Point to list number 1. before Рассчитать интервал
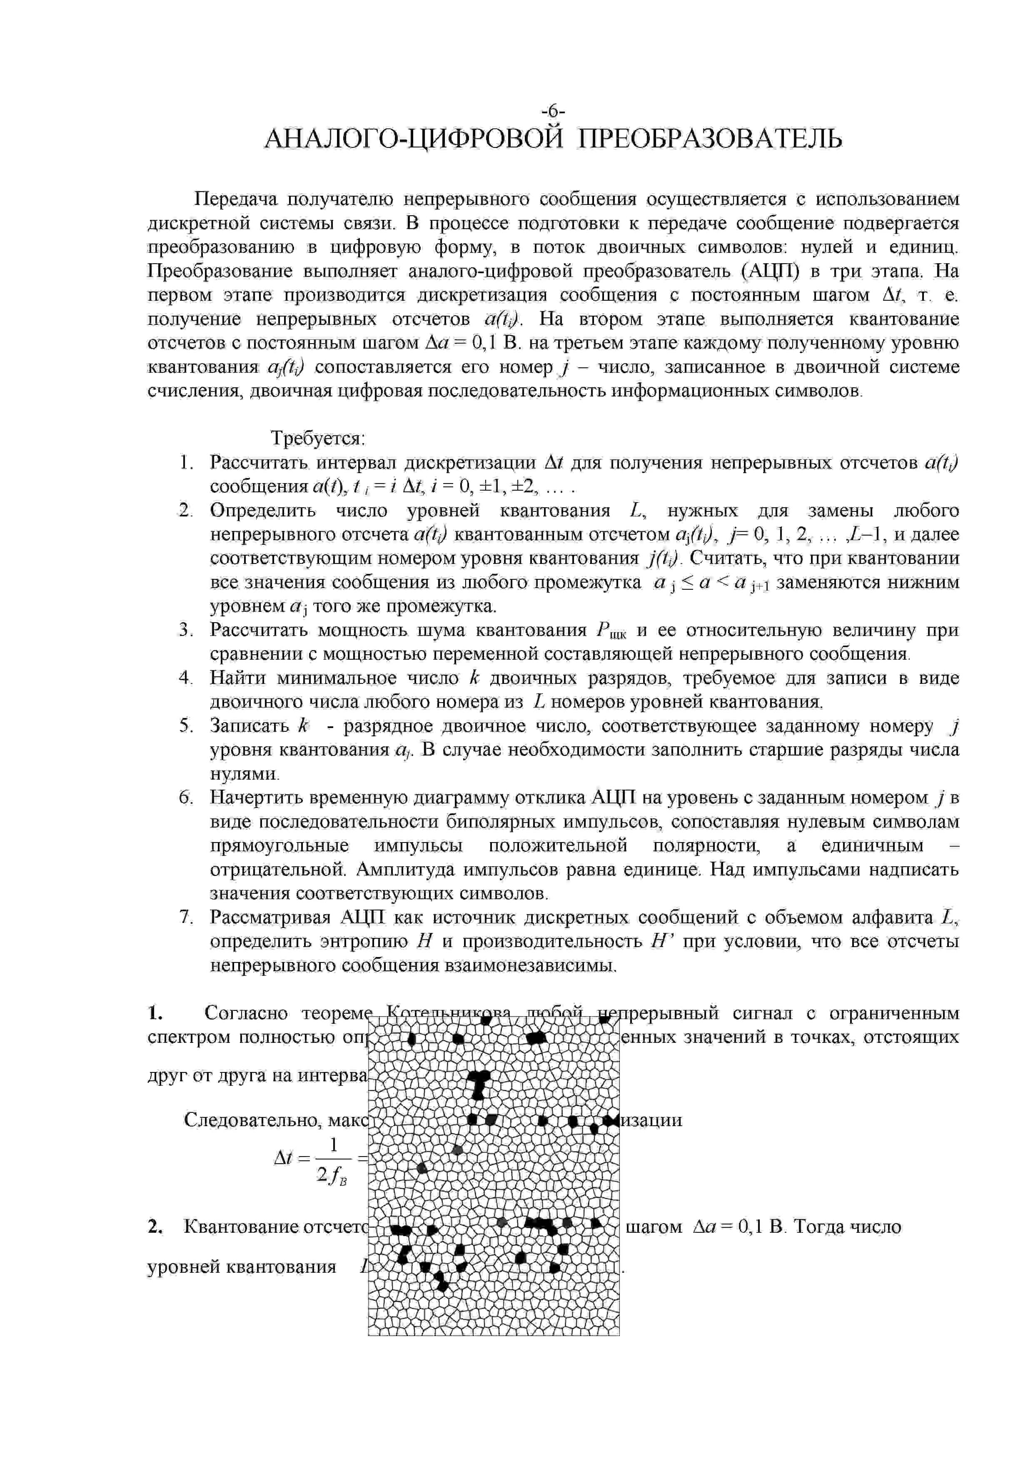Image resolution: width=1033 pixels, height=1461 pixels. (x=185, y=463)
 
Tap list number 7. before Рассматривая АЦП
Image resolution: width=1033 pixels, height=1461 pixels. (x=185, y=917)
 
